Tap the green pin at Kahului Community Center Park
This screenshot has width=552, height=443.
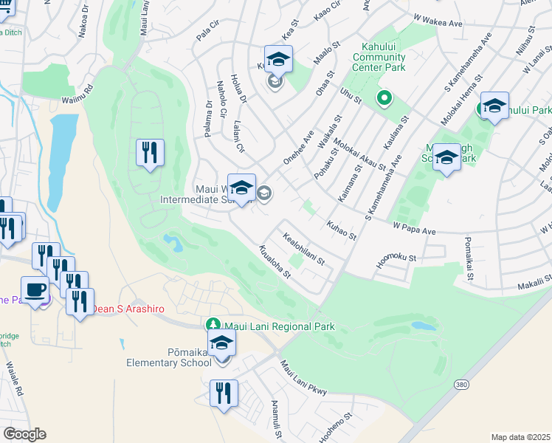384,97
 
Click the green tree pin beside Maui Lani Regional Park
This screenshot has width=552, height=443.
213,325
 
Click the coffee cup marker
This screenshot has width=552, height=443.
35,289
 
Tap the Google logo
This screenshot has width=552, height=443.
24,434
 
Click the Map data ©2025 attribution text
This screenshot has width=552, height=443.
520,437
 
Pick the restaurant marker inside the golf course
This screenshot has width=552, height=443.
150,153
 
